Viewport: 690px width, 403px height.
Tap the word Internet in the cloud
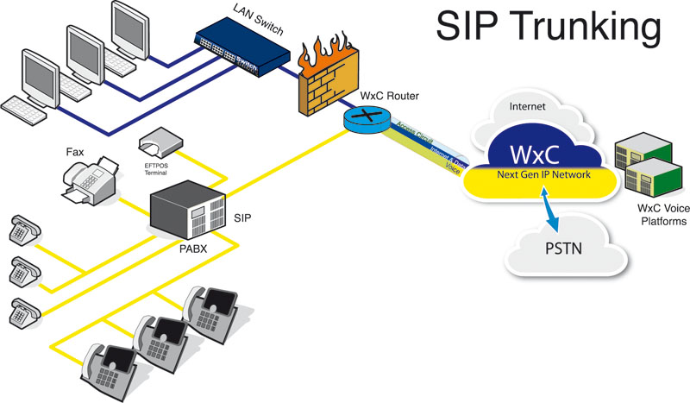pos(529,109)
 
